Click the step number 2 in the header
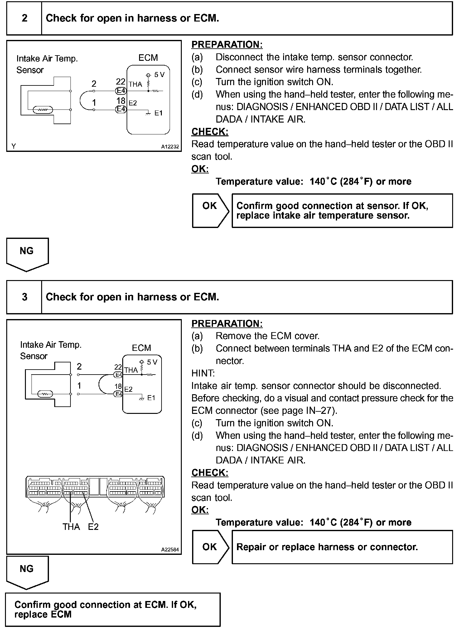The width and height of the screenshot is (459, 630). (25, 18)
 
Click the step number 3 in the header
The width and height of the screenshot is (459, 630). (25, 297)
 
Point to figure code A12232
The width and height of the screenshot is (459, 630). (170, 147)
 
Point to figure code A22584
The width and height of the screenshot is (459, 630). (170, 550)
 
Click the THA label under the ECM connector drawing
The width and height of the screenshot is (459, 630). (71, 527)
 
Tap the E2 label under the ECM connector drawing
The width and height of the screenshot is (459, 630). (93, 527)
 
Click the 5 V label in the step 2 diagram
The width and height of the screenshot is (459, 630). (159, 75)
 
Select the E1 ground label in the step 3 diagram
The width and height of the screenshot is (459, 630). (151, 398)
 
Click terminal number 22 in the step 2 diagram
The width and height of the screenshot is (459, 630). (121, 82)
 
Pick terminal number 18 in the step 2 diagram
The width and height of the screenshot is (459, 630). (121, 101)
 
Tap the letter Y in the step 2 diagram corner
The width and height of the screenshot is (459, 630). (14, 146)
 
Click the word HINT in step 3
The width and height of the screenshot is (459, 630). (203, 373)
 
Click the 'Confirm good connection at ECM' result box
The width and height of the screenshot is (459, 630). (113, 609)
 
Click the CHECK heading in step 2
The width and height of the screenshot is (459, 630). (210, 132)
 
